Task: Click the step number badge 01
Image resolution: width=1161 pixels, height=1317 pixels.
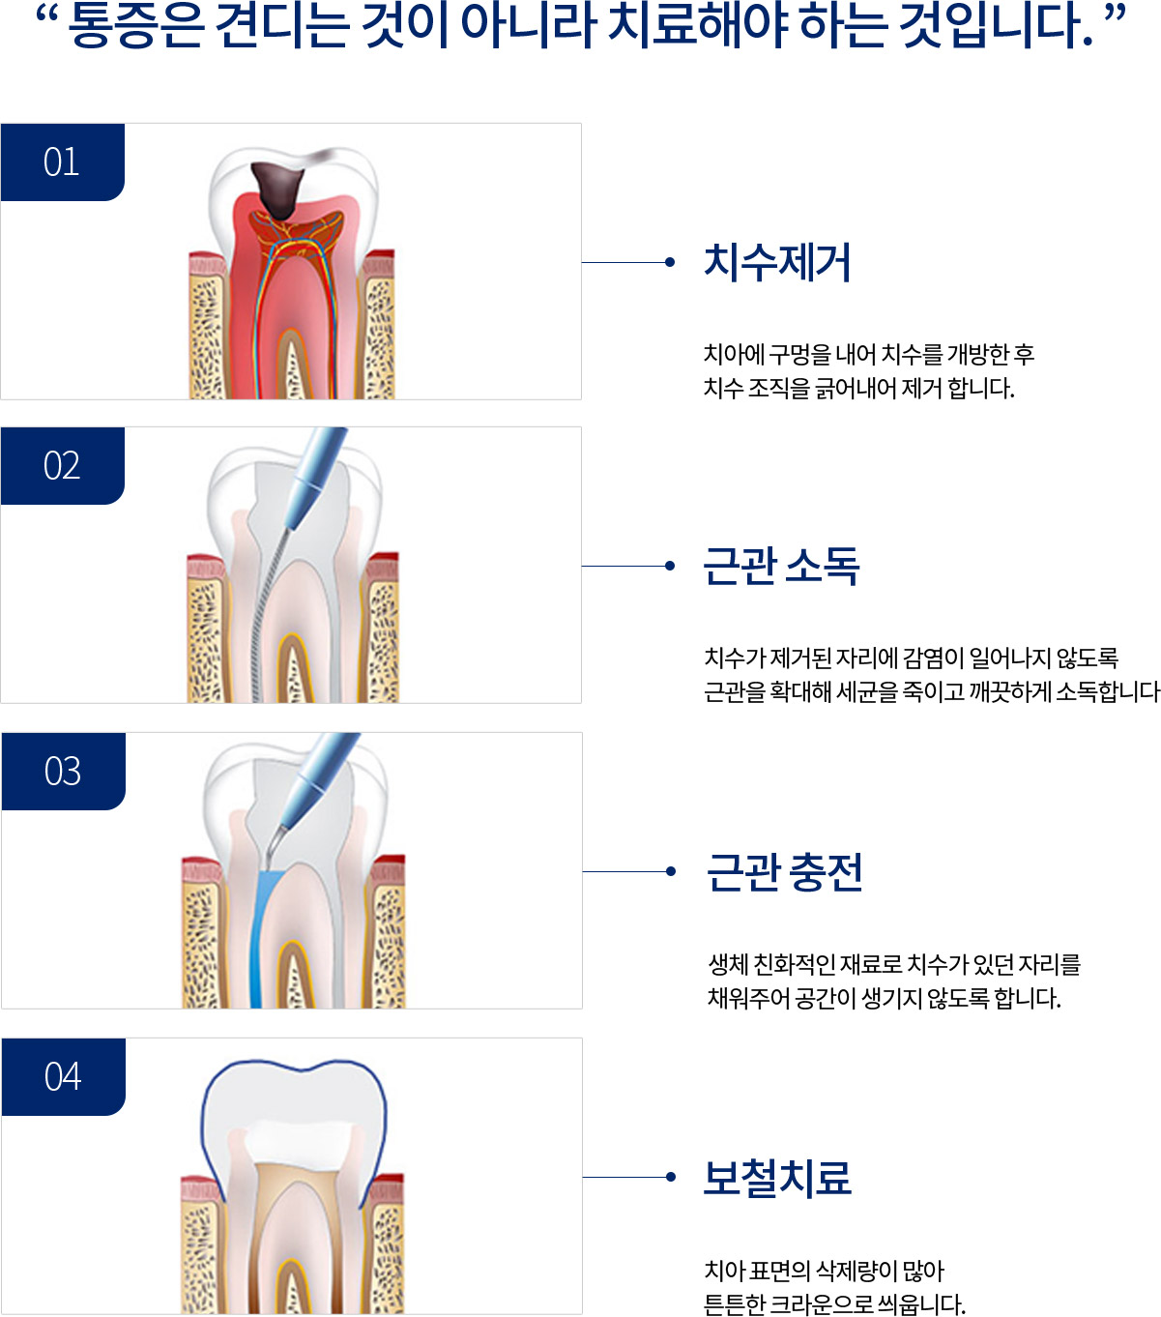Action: pyautogui.click(x=63, y=161)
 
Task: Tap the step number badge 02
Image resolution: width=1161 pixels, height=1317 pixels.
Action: pyautogui.click(x=63, y=465)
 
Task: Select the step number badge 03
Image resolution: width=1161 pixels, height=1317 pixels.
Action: pyautogui.click(x=63, y=771)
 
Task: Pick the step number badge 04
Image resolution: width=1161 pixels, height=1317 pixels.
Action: pyautogui.click(x=63, y=1076)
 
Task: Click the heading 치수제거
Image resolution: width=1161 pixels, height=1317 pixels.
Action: pyautogui.click(x=777, y=263)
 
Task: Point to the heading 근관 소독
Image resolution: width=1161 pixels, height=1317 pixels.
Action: pyautogui.click(x=781, y=566)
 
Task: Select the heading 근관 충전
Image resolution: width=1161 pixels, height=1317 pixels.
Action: pyautogui.click(x=784, y=872)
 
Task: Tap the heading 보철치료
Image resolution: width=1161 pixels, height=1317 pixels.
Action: pyautogui.click(x=777, y=1177)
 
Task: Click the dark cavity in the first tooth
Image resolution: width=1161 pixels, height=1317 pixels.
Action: pyautogui.click(x=277, y=190)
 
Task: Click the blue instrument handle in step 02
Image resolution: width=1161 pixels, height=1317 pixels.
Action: pyautogui.click(x=316, y=477)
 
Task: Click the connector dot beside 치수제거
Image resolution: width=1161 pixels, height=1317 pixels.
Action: pyautogui.click(x=670, y=263)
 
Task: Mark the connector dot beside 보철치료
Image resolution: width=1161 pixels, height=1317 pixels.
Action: pyautogui.click(x=670, y=1177)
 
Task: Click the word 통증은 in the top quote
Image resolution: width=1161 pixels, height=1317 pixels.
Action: pyautogui.click(x=136, y=26)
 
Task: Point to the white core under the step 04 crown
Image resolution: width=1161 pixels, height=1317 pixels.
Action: pyautogui.click(x=299, y=1142)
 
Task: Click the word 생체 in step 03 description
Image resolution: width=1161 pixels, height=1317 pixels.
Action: pyautogui.click(x=727, y=964)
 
